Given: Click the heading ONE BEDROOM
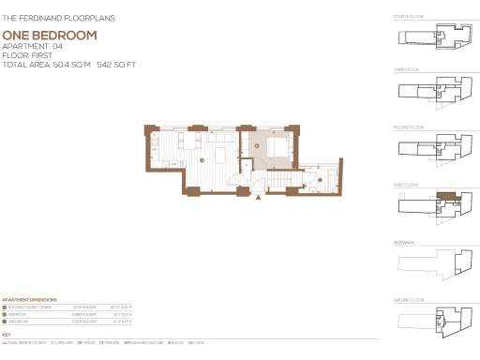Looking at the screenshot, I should tap(49, 35).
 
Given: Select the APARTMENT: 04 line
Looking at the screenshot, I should tap(33, 46).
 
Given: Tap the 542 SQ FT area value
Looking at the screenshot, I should tap(117, 65).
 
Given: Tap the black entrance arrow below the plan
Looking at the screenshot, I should tap(259, 197).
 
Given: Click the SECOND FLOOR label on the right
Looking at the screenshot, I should tap(409, 127).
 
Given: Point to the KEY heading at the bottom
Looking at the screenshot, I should tap(7, 334).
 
